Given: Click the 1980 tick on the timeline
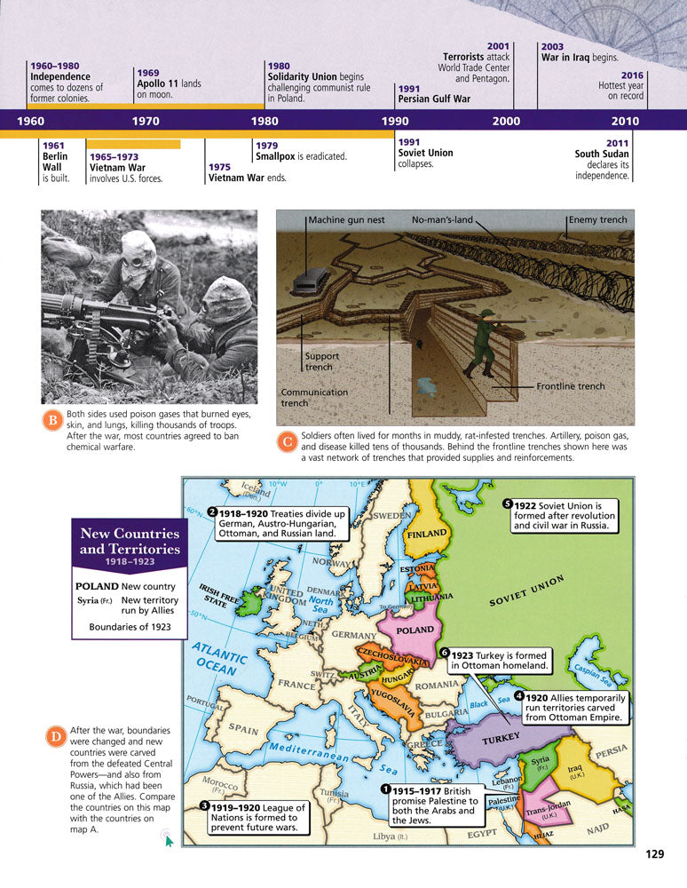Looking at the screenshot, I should [265, 121].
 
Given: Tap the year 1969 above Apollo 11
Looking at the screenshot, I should [148, 73].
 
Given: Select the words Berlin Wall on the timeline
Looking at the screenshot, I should [54, 163].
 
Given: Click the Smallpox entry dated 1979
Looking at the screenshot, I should [300, 156].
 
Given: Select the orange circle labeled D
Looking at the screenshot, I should [54, 736].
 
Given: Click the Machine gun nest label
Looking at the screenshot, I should [346, 220].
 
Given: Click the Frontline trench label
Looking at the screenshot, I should [570, 386].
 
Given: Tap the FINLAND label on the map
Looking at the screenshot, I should [428, 536].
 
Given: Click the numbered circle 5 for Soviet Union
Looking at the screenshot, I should [508, 503].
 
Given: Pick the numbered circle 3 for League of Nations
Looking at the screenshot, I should [204, 805].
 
